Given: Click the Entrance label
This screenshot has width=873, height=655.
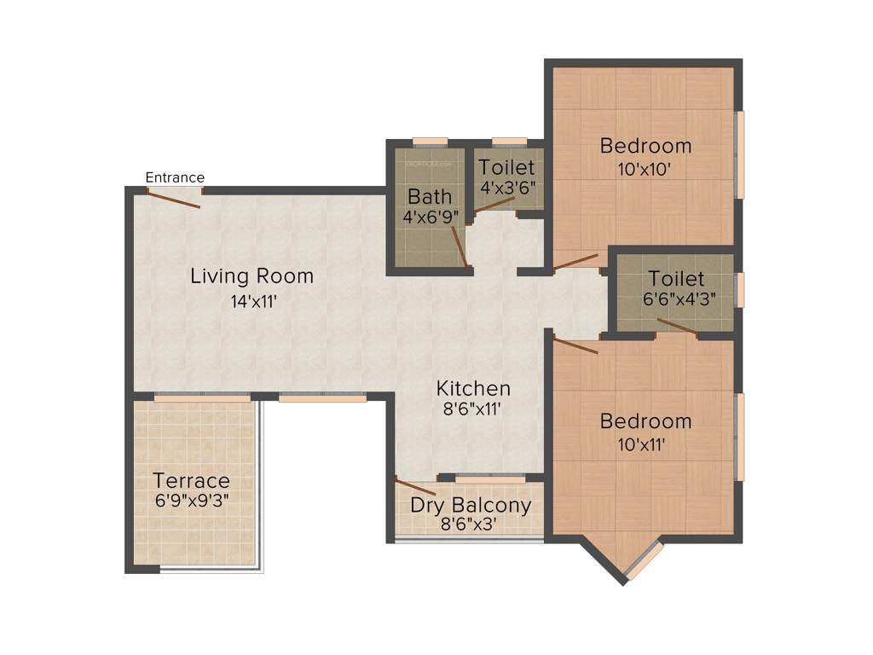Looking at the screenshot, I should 175,177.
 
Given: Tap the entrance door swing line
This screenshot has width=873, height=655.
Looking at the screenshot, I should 174,198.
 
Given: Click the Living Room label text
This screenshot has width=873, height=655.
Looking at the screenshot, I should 251,276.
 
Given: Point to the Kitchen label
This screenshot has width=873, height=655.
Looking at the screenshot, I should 473,389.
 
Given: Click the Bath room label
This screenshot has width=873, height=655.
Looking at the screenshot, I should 430,197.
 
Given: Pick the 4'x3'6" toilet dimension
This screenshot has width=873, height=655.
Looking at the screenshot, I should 506,188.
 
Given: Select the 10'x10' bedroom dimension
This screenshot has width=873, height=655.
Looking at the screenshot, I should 645,169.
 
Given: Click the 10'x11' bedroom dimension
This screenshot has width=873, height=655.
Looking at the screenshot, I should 645,443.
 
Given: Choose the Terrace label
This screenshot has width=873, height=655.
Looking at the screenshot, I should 191,480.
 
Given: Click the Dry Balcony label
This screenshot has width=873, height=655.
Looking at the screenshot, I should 471,505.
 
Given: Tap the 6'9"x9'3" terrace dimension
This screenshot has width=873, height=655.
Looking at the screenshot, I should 191,501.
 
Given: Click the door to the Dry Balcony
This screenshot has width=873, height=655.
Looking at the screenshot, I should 417,487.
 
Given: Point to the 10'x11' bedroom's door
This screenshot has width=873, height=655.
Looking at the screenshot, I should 576,345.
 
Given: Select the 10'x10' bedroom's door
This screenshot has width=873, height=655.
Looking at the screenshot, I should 575,261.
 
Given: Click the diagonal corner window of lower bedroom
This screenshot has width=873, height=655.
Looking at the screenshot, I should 645,560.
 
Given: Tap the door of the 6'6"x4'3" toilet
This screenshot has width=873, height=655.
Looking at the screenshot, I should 678,328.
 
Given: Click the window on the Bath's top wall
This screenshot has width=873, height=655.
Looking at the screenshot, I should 430,142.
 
